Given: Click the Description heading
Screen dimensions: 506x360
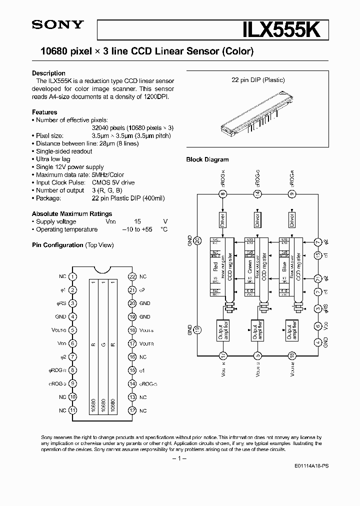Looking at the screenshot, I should (x=48, y=73).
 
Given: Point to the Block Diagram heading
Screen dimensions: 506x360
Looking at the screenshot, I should (x=207, y=159).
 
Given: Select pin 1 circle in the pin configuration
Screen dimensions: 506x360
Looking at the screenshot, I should (x=73, y=276).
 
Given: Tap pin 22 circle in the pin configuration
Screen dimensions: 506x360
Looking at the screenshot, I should (x=132, y=276).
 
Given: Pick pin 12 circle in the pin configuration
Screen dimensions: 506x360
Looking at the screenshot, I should (x=132, y=410).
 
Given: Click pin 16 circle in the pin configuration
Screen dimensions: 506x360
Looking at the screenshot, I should (x=132, y=357).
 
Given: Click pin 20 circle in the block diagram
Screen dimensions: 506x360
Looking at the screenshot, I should (x=197, y=241).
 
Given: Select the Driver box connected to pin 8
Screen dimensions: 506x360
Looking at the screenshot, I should (x=223, y=219).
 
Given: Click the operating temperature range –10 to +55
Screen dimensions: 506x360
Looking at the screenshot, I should (x=137, y=229).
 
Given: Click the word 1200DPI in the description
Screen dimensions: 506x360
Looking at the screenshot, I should (x=156, y=97).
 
